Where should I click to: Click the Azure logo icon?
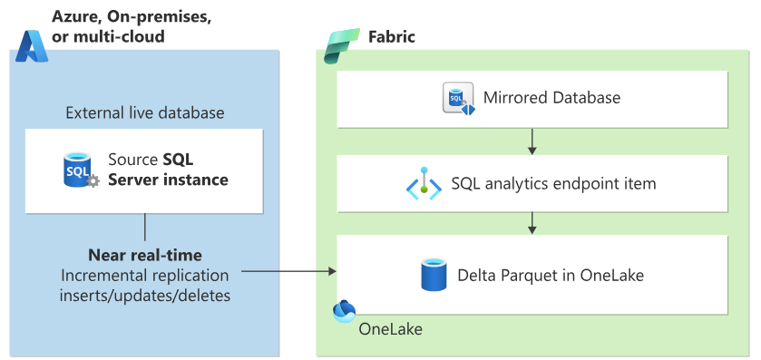tap(32, 46)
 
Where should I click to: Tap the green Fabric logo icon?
tap(342, 46)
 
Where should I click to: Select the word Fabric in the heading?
tap(392, 37)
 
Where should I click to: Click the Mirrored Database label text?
tap(551, 98)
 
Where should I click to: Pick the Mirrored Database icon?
tap(459, 98)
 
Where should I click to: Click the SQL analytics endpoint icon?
tap(424, 183)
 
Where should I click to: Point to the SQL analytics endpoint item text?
tap(554, 183)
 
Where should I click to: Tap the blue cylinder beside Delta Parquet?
tap(434, 274)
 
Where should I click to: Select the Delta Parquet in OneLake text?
tap(551, 275)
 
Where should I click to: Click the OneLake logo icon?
tap(344, 311)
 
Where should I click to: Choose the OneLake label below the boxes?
tap(391, 329)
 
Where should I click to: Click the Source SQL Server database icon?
tap(81, 170)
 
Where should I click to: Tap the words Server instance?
tap(168, 180)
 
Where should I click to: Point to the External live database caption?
tap(145, 113)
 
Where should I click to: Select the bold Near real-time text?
tap(145, 255)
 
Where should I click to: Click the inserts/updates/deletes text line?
tap(145, 295)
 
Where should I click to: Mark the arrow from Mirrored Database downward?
tap(532, 141)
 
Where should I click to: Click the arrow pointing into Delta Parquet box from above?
tap(532, 222)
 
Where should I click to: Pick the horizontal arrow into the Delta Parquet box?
tap(288, 271)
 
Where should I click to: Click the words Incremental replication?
tap(145, 275)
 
